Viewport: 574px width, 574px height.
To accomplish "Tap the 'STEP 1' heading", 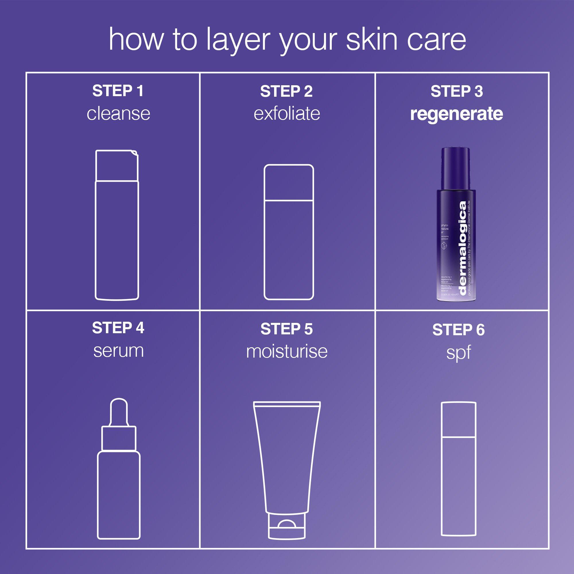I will click(118, 91).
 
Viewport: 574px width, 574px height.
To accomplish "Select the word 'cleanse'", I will click(118, 113).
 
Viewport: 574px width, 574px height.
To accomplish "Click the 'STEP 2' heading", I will click(286, 91).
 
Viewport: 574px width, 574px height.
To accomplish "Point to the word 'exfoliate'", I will click(287, 113).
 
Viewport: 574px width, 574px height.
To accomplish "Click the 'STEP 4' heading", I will click(118, 328).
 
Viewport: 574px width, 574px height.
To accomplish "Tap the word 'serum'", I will click(118, 351).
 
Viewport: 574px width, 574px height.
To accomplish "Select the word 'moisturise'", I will click(287, 351).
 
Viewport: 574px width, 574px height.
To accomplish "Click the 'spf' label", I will click(458, 353).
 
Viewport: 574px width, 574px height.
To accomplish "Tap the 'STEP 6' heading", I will click(458, 330).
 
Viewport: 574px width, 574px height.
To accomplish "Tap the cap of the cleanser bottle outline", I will click(117, 166).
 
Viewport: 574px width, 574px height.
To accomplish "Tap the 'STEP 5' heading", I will click(286, 329).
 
